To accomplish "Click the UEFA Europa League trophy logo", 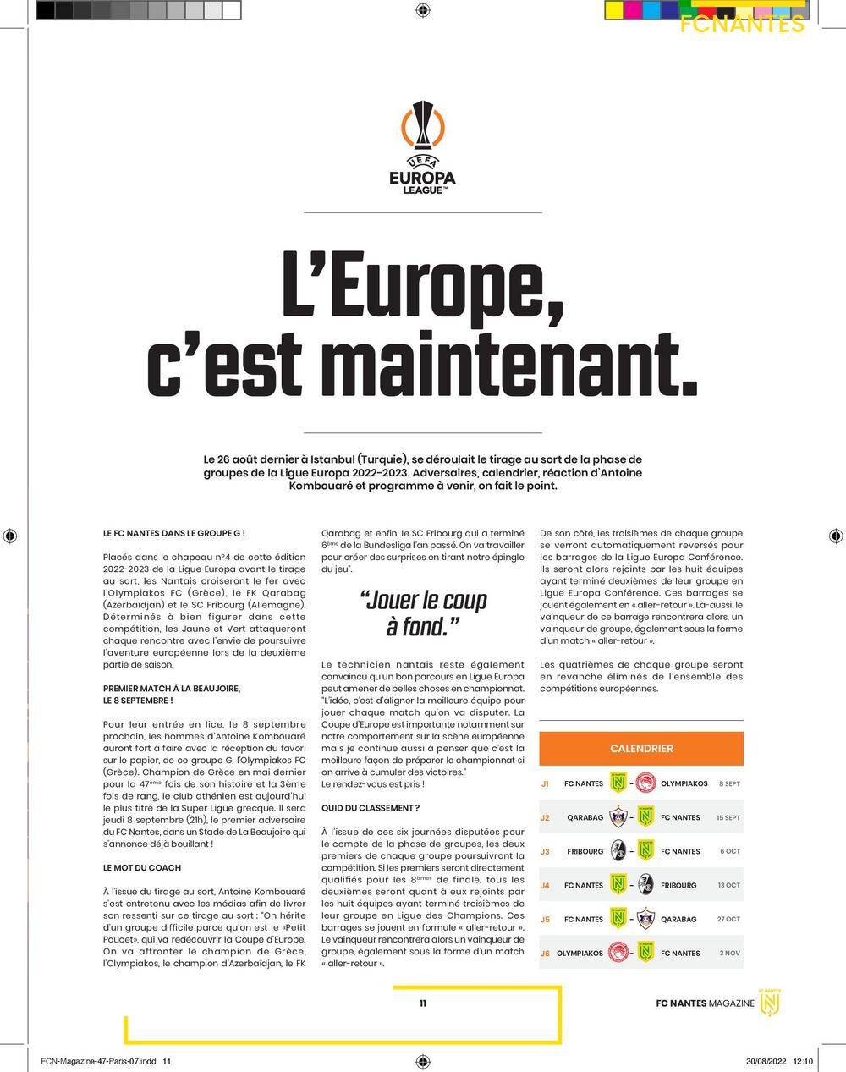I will [x=422, y=148].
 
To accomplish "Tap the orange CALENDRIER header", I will [x=641, y=749].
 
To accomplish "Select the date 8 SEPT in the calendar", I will [x=729, y=783].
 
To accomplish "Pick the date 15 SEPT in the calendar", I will [x=728, y=817].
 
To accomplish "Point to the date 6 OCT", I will [x=729, y=851].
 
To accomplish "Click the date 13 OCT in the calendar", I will [x=728, y=885].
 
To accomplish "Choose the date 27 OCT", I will [x=728, y=919].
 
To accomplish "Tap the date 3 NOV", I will [x=729, y=953].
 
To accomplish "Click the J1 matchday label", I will [x=545, y=783].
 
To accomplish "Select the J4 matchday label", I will [x=545, y=885].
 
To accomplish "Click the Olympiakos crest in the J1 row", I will [x=645, y=783].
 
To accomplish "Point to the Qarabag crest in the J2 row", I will [x=618, y=817].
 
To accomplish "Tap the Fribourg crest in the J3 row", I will [x=618, y=851].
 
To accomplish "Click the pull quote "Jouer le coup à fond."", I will [x=422, y=613].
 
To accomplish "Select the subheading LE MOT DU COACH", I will [x=141, y=868].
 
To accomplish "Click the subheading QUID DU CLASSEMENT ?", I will [x=370, y=809].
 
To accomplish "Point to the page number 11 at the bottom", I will [x=422, y=1003].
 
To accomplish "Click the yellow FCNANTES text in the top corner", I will [x=742, y=24].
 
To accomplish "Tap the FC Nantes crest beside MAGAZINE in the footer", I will [x=770, y=1002].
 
